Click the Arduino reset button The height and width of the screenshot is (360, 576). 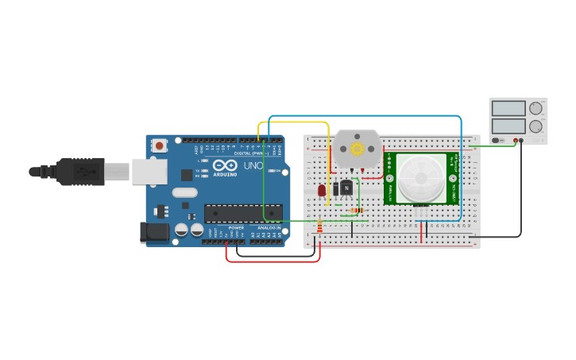coord(160,145)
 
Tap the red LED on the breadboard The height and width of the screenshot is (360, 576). coord(321,190)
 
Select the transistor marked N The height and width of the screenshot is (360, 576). coord(346,188)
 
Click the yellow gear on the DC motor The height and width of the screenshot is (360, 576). coord(358,149)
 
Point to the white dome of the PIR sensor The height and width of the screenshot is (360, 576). coord(420,178)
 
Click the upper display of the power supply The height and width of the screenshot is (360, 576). coord(508,108)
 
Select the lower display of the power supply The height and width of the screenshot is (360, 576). coord(508,126)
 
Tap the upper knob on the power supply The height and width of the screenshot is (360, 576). coord(536,108)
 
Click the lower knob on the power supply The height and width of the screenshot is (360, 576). coord(536,126)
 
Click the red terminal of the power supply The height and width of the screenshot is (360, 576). coord(516,141)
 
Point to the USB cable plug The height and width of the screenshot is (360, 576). coord(79,171)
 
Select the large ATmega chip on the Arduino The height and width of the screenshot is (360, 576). coord(243,213)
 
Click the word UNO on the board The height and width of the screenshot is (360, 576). coord(253,166)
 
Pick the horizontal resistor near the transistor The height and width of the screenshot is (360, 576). coord(354,211)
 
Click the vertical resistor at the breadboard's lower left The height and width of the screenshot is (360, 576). coord(319,227)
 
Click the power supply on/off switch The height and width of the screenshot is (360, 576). coord(497,141)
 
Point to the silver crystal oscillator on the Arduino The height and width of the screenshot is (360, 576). coord(184,192)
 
